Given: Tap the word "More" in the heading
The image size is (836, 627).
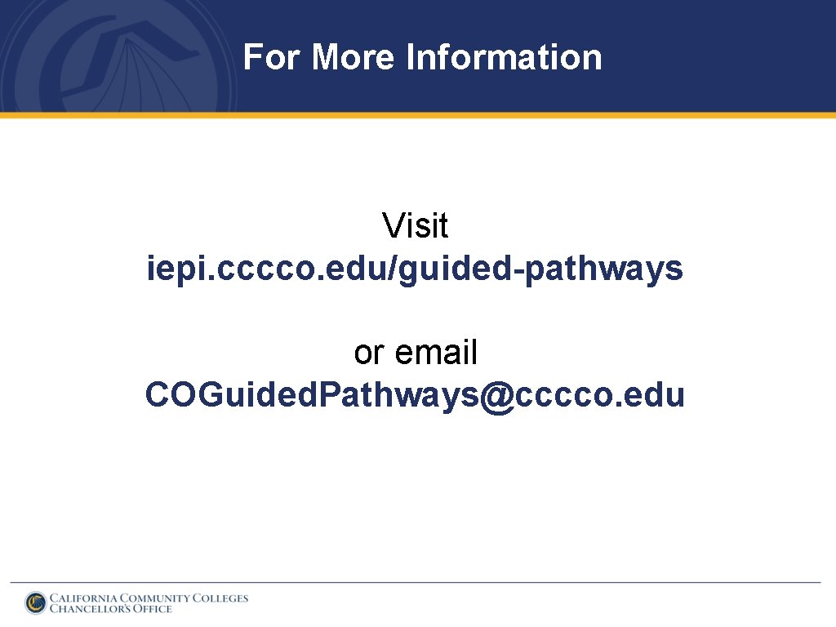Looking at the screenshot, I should pyautogui.click(x=353, y=58).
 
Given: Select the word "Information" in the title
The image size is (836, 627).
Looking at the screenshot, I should pyautogui.click(x=504, y=58).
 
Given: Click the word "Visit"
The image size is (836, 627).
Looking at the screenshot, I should pyautogui.click(x=416, y=226).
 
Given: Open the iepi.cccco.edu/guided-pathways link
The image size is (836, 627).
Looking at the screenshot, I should pyautogui.click(x=415, y=269).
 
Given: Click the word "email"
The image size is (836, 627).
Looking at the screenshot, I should pyautogui.click(x=436, y=354).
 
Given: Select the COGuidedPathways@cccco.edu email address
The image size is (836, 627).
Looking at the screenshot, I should pyautogui.click(x=415, y=396).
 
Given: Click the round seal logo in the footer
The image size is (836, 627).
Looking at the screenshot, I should pyautogui.click(x=36, y=603).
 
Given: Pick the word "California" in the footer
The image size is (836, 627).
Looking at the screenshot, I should pyautogui.click(x=83, y=598).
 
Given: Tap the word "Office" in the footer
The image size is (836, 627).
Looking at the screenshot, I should pyautogui.click(x=152, y=608).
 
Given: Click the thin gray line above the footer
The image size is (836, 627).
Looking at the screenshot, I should pyautogui.click(x=415, y=582).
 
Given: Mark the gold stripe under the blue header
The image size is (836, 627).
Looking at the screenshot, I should pyautogui.click(x=418, y=115).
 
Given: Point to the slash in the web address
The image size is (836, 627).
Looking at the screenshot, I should pyautogui.click(x=396, y=269).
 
